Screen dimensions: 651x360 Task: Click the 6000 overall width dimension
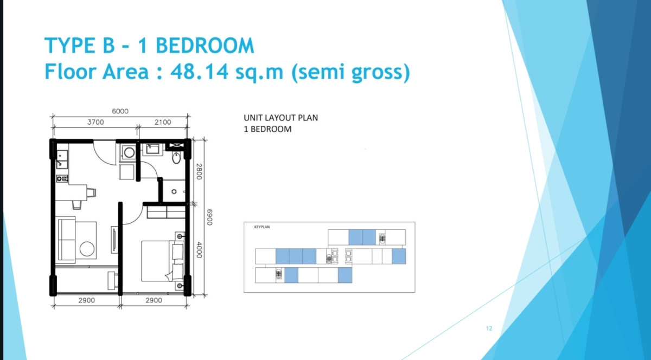click(120, 111)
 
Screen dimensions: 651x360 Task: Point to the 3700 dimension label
click(95, 123)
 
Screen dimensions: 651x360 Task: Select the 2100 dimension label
click(163, 123)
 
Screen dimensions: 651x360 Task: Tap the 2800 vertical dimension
click(199, 171)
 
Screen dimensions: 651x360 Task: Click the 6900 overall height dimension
click(209, 217)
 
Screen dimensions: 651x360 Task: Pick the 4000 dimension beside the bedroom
click(199, 250)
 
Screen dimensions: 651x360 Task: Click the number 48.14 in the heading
click(200, 72)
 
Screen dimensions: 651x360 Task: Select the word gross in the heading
click(377, 73)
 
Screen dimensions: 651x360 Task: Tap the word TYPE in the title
click(70, 46)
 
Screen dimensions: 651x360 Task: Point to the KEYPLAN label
click(262, 227)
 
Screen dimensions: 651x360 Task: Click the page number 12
click(489, 329)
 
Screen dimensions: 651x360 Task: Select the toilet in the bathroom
click(176, 158)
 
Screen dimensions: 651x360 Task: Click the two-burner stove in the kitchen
click(62, 178)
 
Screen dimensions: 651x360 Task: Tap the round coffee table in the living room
click(87, 249)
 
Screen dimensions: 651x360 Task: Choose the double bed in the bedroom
click(163, 261)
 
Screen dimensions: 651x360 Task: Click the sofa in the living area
click(67, 240)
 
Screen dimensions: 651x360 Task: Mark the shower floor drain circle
click(174, 192)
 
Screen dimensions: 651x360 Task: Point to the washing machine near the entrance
click(129, 152)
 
